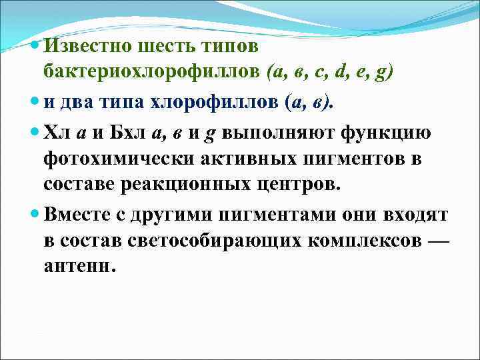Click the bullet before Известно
[x=36, y=47]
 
